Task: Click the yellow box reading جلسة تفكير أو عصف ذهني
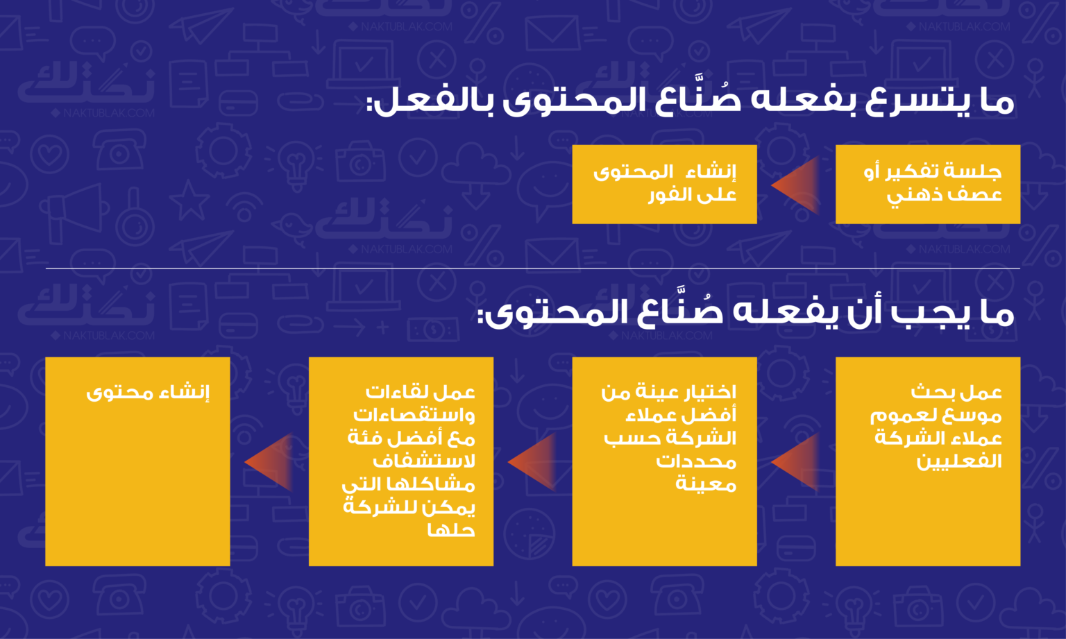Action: (x=928, y=184)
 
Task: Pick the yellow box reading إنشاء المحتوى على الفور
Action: (x=664, y=184)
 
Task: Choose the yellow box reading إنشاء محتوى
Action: (x=137, y=461)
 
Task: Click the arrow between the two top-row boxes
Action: (x=795, y=185)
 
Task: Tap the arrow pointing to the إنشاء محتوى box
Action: (x=269, y=461)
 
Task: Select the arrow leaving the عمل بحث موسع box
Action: (x=795, y=461)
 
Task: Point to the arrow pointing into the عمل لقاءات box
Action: (x=532, y=461)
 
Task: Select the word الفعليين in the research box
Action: (x=959, y=461)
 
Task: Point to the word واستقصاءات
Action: (x=414, y=416)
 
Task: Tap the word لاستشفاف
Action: (x=424, y=461)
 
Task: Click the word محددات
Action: (x=696, y=461)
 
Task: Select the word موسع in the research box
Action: (x=981, y=416)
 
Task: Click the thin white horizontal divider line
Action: (x=533, y=269)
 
